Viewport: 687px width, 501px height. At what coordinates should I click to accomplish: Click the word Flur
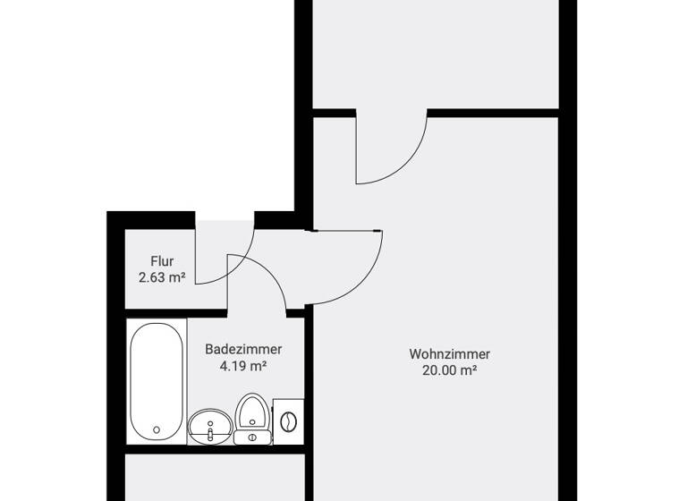pyautogui.click(x=161, y=261)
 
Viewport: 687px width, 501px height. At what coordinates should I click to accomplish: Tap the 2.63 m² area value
pyautogui.click(x=161, y=277)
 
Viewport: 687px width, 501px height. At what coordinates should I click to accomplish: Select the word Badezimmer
pyautogui.click(x=243, y=349)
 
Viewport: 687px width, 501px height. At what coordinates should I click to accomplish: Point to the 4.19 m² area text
pyautogui.click(x=243, y=366)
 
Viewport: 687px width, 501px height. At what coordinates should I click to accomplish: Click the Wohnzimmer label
pyautogui.click(x=449, y=354)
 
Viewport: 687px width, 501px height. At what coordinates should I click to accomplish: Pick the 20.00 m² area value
pyautogui.click(x=449, y=371)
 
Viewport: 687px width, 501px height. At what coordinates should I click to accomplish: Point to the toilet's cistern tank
pyautogui.click(x=252, y=437)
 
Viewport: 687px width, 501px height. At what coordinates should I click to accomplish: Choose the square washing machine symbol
pyautogui.click(x=288, y=420)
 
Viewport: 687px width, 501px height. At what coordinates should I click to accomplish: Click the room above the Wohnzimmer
pyautogui.click(x=437, y=54)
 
